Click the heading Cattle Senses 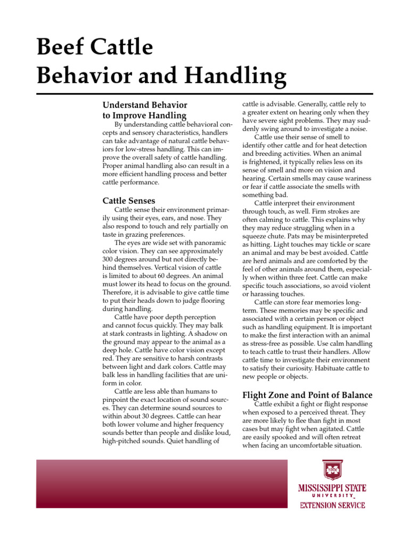[129, 201]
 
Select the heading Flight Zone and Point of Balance [307, 395]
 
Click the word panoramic [206, 242]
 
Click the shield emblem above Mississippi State [332, 470]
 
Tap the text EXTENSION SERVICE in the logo [332, 505]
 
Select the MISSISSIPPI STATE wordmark [332, 488]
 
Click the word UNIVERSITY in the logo [332, 497]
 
